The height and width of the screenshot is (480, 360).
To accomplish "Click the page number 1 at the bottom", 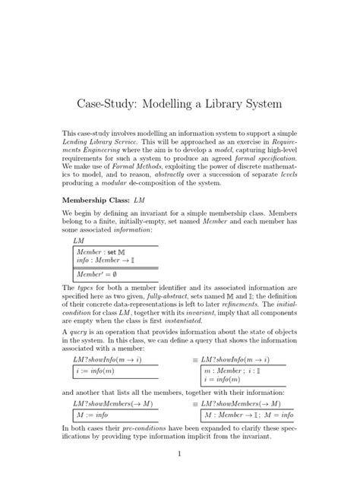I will [x=179, y=454].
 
